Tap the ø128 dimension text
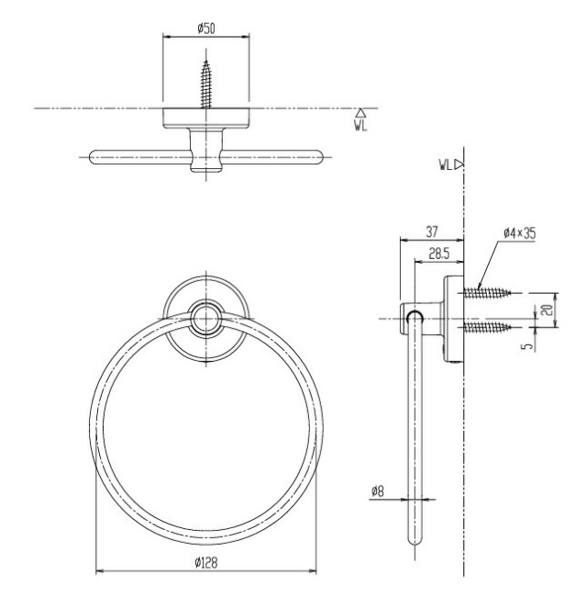click(206, 562)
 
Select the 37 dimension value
click(432, 231)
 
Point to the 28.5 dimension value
click(439, 254)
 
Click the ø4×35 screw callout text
click(519, 233)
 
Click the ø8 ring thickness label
click(377, 491)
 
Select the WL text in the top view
click(360, 126)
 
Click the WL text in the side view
click(446, 165)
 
